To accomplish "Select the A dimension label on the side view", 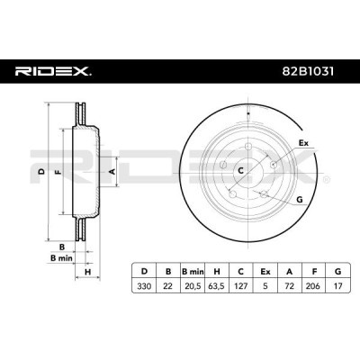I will pyautogui.click(x=112, y=168).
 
